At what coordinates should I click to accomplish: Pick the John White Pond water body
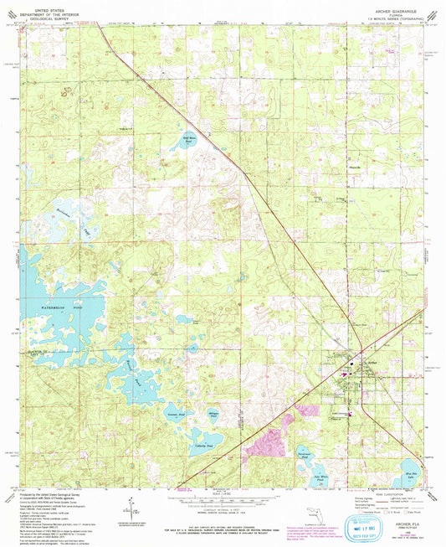tap(321, 470)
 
